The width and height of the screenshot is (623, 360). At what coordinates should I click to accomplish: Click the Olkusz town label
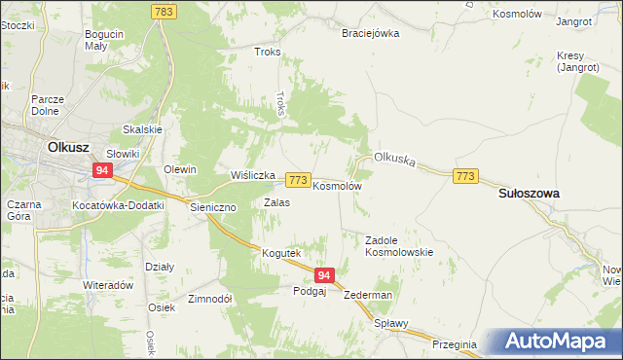tap(69, 147)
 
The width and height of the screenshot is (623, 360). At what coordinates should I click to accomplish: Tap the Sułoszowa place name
tap(529, 194)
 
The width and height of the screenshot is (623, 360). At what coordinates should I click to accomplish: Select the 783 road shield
tap(163, 10)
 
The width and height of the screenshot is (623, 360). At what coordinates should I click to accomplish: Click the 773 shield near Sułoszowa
tap(465, 175)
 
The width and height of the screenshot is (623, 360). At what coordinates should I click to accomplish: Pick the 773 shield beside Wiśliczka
tap(298, 181)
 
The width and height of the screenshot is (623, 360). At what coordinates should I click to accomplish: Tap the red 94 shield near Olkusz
tap(102, 170)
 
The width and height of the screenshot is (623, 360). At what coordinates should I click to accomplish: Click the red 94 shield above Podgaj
tap(325, 276)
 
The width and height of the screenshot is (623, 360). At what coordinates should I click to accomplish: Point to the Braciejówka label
tap(370, 33)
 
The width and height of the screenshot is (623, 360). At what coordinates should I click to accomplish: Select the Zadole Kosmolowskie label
tap(399, 245)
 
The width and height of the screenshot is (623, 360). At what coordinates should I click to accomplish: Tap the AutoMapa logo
tap(556, 342)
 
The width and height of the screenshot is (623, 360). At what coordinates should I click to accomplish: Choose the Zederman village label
tap(368, 295)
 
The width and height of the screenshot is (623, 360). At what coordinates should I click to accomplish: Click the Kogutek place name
tap(279, 253)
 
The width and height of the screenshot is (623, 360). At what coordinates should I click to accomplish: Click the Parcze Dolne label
tap(48, 105)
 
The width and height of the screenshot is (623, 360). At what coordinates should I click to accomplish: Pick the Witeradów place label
tap(107, 285)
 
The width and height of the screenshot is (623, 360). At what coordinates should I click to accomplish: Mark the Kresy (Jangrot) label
tap(577, 61)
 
